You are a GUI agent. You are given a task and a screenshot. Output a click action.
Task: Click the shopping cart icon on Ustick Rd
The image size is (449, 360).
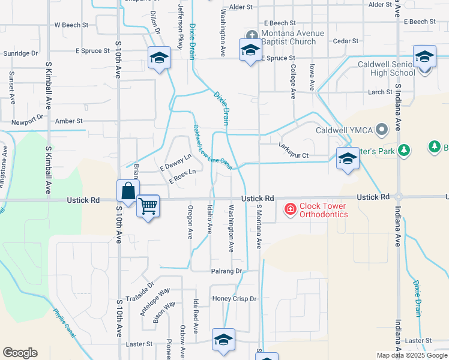click(x=148, y=206)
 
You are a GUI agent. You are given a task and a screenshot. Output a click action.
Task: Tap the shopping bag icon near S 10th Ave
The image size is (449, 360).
click(x=128, y=191)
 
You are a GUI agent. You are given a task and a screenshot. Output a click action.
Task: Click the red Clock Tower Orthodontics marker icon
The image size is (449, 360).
click(x=290, y=209)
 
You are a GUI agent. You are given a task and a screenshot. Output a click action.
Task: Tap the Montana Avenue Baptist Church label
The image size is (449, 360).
click(x=289, y=37)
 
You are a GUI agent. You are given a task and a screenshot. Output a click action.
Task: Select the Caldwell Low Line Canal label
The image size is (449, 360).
click(x=212, y=147)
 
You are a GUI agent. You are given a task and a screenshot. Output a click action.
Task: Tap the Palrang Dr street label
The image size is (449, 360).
click(x=226, y=271)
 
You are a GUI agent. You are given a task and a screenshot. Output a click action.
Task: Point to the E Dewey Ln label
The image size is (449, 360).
click(x=175, y=161)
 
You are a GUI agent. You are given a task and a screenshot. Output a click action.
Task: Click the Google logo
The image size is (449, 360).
click(x=20, y=352)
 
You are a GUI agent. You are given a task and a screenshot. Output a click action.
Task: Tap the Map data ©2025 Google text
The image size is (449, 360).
click(x=411, y=355)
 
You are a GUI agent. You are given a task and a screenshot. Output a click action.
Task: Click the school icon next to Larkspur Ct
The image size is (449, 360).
click(x=347, y=158)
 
